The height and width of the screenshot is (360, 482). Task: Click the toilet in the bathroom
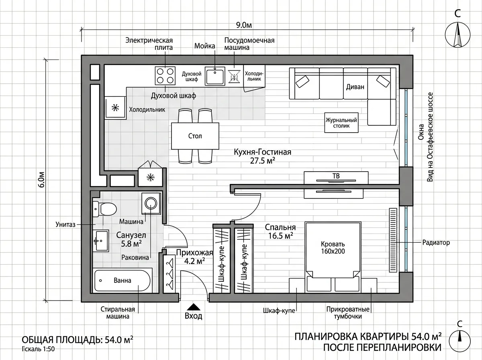tap(104, 209)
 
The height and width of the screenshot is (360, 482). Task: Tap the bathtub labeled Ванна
tap(123, 280)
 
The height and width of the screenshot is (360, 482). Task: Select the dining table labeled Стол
tap(195, 136)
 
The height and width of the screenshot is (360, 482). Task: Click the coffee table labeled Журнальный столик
tap(341, 123)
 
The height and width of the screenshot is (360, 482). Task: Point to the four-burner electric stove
tap(165, 76)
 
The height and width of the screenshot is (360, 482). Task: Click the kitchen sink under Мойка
tap(215, 76)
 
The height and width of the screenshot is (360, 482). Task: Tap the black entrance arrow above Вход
tap(194, 307)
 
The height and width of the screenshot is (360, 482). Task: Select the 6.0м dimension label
tap(41, 180)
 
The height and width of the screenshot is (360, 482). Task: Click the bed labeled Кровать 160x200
tap(333, 257)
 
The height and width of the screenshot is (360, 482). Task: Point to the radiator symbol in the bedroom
tap(393, 240)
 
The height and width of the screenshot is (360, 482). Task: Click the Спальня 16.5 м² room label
tap(280, 231)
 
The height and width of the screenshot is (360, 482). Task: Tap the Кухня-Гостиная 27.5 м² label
tap(262, 156)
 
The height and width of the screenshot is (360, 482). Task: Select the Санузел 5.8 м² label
tap(131, 239)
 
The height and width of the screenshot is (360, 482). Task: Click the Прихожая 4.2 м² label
tap(194, 257)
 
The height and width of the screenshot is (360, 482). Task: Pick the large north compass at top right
tap(457, 35)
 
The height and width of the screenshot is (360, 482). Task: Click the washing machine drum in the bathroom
tap(151, 203)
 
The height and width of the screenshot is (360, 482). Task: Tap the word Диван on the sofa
tap(355, 87)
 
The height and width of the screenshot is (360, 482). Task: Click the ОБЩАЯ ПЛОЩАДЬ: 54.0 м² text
tap(77, 340)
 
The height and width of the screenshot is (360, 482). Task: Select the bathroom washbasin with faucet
tap(100, 241)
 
